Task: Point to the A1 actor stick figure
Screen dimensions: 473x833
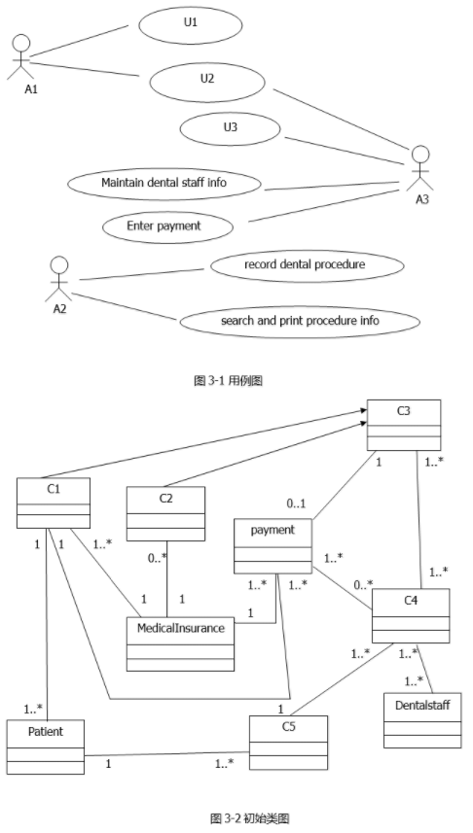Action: (x=21, y=56)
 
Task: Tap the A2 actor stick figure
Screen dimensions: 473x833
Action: (x=58, y=279)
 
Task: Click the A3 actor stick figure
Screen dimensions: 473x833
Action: (x=420, y=168)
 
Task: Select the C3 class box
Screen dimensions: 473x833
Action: (x=404, y=425)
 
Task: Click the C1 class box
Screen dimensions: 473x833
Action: (x=54, y=503)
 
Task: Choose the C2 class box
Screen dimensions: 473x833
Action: (x=166, y=514)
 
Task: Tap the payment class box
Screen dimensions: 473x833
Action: (x=273, y=546)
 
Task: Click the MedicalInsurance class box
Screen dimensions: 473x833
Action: (x=180, y=643)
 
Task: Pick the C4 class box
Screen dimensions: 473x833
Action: (x=411, y=615)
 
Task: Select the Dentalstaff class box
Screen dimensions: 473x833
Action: (x=422, y=720)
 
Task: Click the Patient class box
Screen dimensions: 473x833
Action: (x=46, y=746)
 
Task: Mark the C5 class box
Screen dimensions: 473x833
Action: (x=289, y=743)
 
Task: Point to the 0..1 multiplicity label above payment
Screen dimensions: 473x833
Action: (x=297, y=503)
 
